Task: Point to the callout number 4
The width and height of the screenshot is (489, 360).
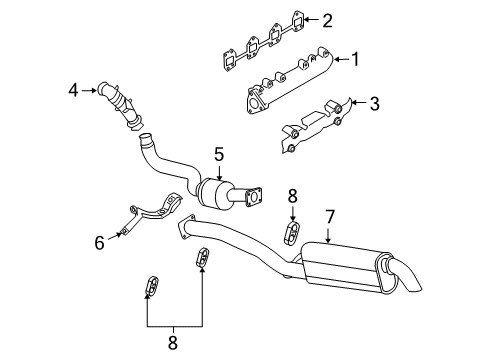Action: [x=73, y=91]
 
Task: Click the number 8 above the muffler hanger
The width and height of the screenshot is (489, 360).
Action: [x=293, y=195]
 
